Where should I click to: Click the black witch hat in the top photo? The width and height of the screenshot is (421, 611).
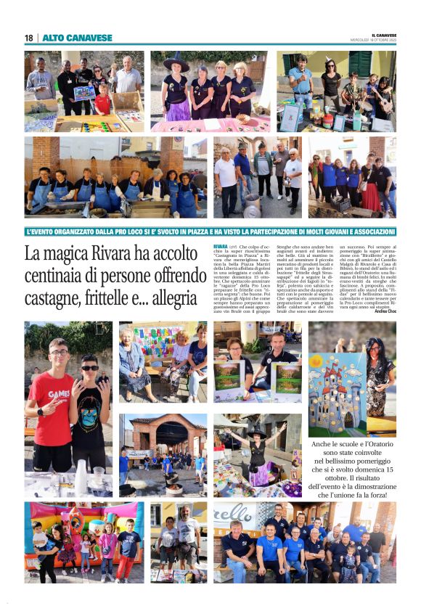pyautogui.click(x=175, y=64)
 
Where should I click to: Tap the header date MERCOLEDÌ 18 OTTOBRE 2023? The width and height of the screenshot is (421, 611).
pyautogui.click(x=373, y=40)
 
